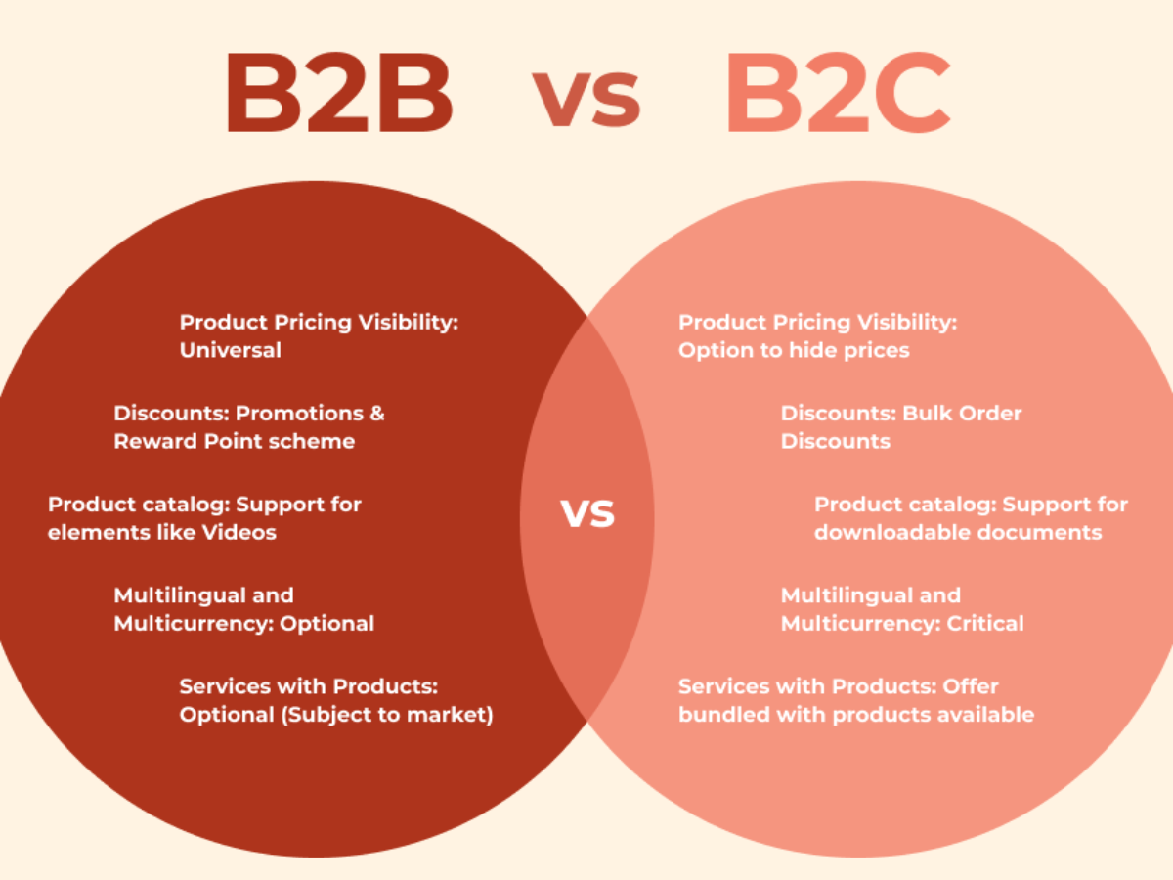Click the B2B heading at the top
pos(340,93)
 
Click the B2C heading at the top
pos(838,93)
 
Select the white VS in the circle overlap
pos(587,514)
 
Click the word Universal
pos(231,350)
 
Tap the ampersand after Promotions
pos(377,414)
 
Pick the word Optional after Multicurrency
pos(327,624)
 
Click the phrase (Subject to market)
pos(387,715)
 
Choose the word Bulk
pos(928,414)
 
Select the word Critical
pos(985,624)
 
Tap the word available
pos(986,715)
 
